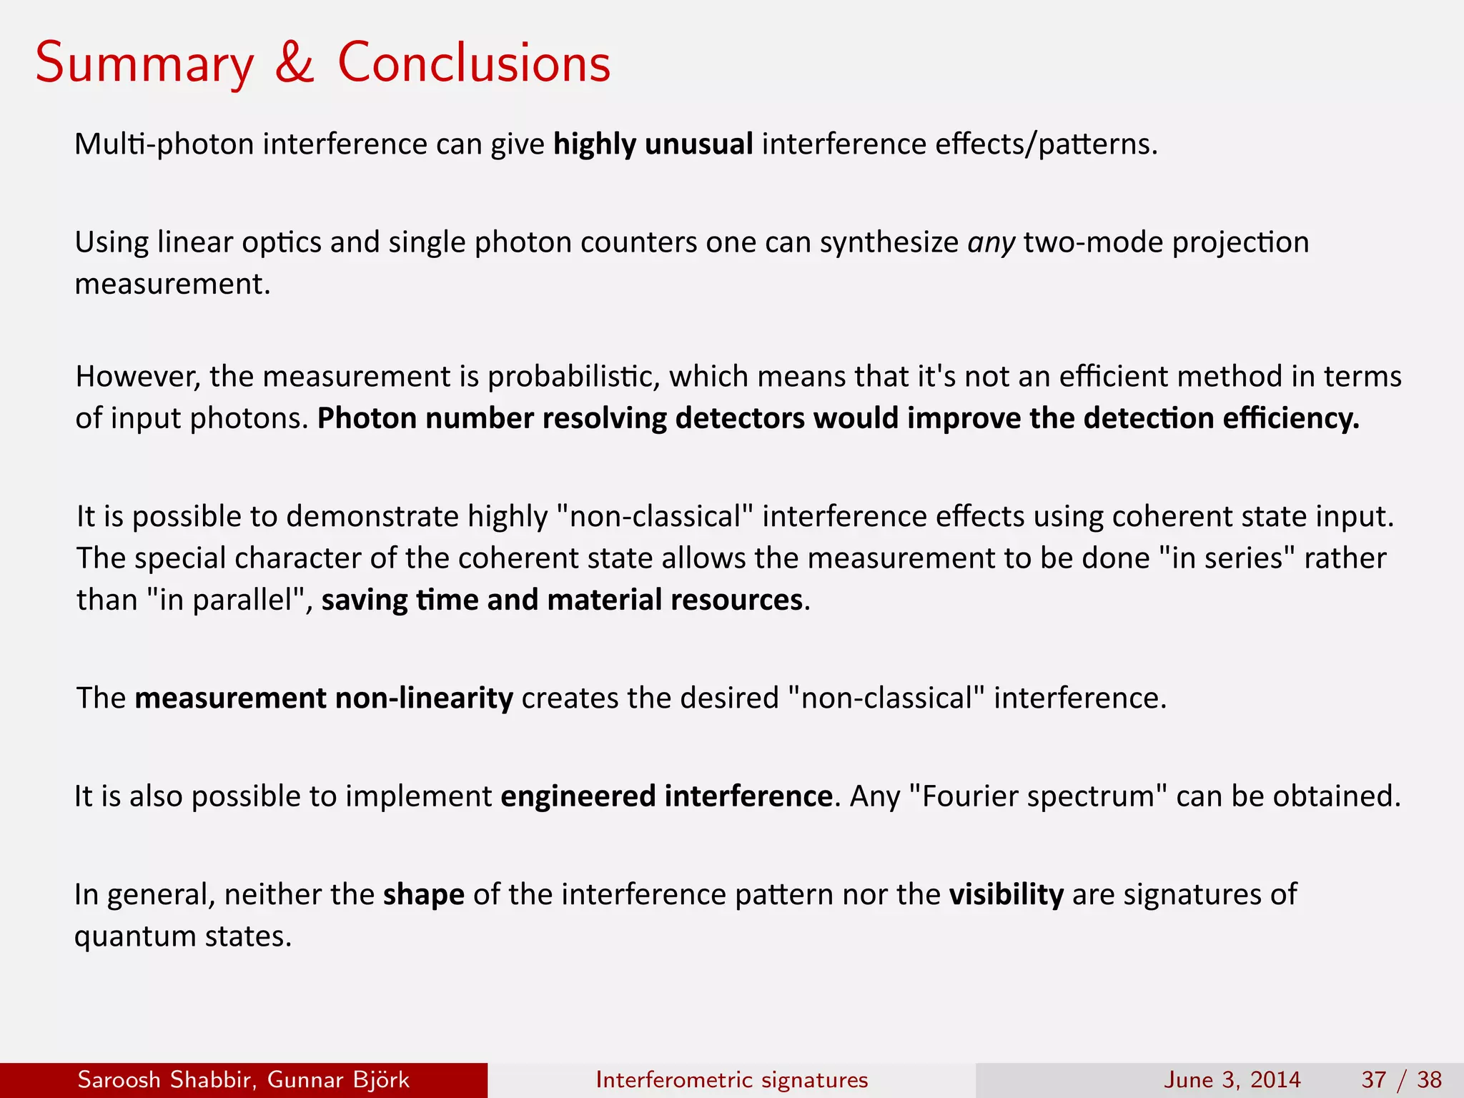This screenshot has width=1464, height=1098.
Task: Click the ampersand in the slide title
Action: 295,63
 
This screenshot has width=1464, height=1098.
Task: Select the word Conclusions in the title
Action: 474,63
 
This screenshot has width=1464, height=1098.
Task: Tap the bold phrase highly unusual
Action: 653,144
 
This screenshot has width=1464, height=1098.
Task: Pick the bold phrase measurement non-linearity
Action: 323,698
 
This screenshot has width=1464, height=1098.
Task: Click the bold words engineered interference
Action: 666,796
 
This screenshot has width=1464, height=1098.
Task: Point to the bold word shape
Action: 423,895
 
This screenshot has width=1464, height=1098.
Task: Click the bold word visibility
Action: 1006,895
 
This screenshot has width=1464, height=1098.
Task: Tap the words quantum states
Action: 183,936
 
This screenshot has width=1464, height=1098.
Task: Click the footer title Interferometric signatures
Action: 731,1079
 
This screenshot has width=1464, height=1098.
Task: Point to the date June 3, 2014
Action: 1232,1079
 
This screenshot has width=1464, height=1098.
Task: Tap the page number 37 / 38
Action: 1401,1079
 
